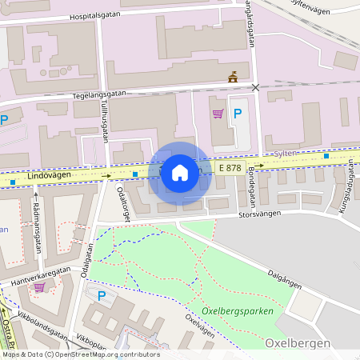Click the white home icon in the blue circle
(180, 172)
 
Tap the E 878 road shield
(230, 169)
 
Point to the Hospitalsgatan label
(97, 16)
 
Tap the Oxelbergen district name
(295, 342)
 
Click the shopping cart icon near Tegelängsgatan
(218, 114)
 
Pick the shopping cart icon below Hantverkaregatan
(39, 287)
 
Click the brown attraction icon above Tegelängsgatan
(234, 77)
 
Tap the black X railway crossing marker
(256, 87)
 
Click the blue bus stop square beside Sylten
(326, 156)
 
